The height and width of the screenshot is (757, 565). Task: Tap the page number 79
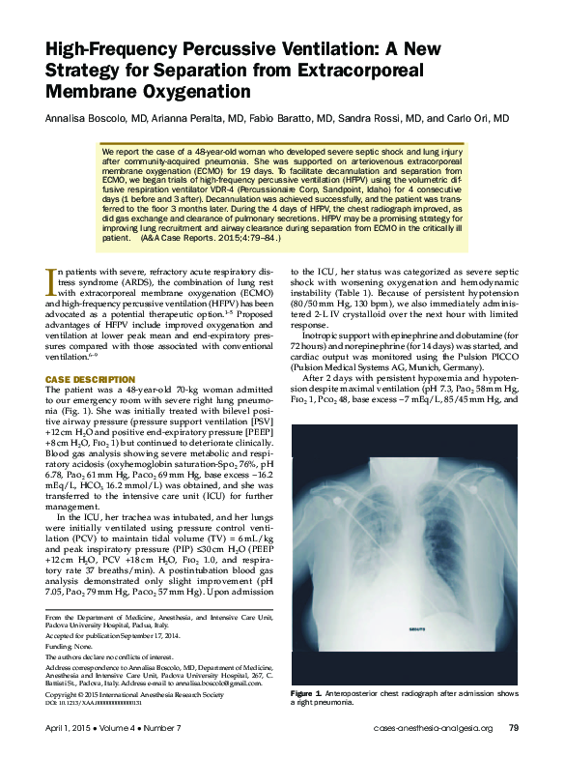pyautogui.click(x=514, y=728)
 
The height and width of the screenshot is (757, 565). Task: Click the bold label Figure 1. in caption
pyautogui.click(x=310, y=694)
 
